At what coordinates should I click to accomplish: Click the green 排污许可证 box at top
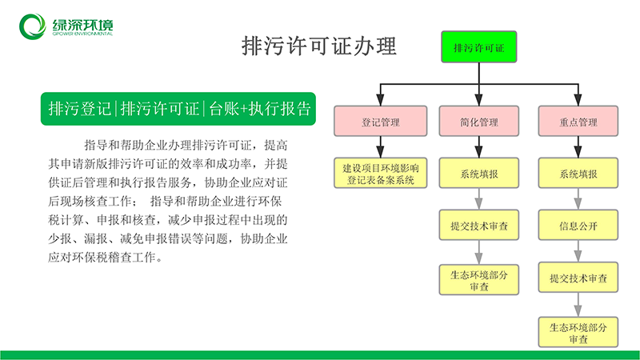pos(478,47)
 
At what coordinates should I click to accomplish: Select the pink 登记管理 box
pos(381,122)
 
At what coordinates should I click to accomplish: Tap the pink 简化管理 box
pos(478,122)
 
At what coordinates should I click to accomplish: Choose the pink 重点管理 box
pos(578,122)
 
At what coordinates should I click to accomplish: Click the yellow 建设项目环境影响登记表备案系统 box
pos(381,173)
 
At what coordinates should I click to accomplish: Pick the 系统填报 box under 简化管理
pos(478,173)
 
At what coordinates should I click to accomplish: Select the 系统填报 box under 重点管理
pos(578,173)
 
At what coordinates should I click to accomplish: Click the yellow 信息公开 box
pos(578,225)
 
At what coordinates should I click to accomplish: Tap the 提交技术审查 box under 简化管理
pos(478,225)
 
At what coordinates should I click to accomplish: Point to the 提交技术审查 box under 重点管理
pos(578,278)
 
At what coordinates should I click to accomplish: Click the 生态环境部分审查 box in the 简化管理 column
pos(478,279)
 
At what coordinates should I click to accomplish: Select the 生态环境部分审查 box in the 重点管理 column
pos(578,332)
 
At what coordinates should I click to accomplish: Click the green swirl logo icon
pos(33,26)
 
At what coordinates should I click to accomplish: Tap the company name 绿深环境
pos(82,25)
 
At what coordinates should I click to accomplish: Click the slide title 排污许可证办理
pos(318,46)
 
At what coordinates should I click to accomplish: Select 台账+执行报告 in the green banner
pos(260,109)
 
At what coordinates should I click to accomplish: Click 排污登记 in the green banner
pos(79,109)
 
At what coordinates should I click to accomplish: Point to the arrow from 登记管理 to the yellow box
pos(381,147)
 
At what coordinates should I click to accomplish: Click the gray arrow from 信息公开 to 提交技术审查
pos(578,251)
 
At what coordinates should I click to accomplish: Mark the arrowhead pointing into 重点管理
pos(578,100)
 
